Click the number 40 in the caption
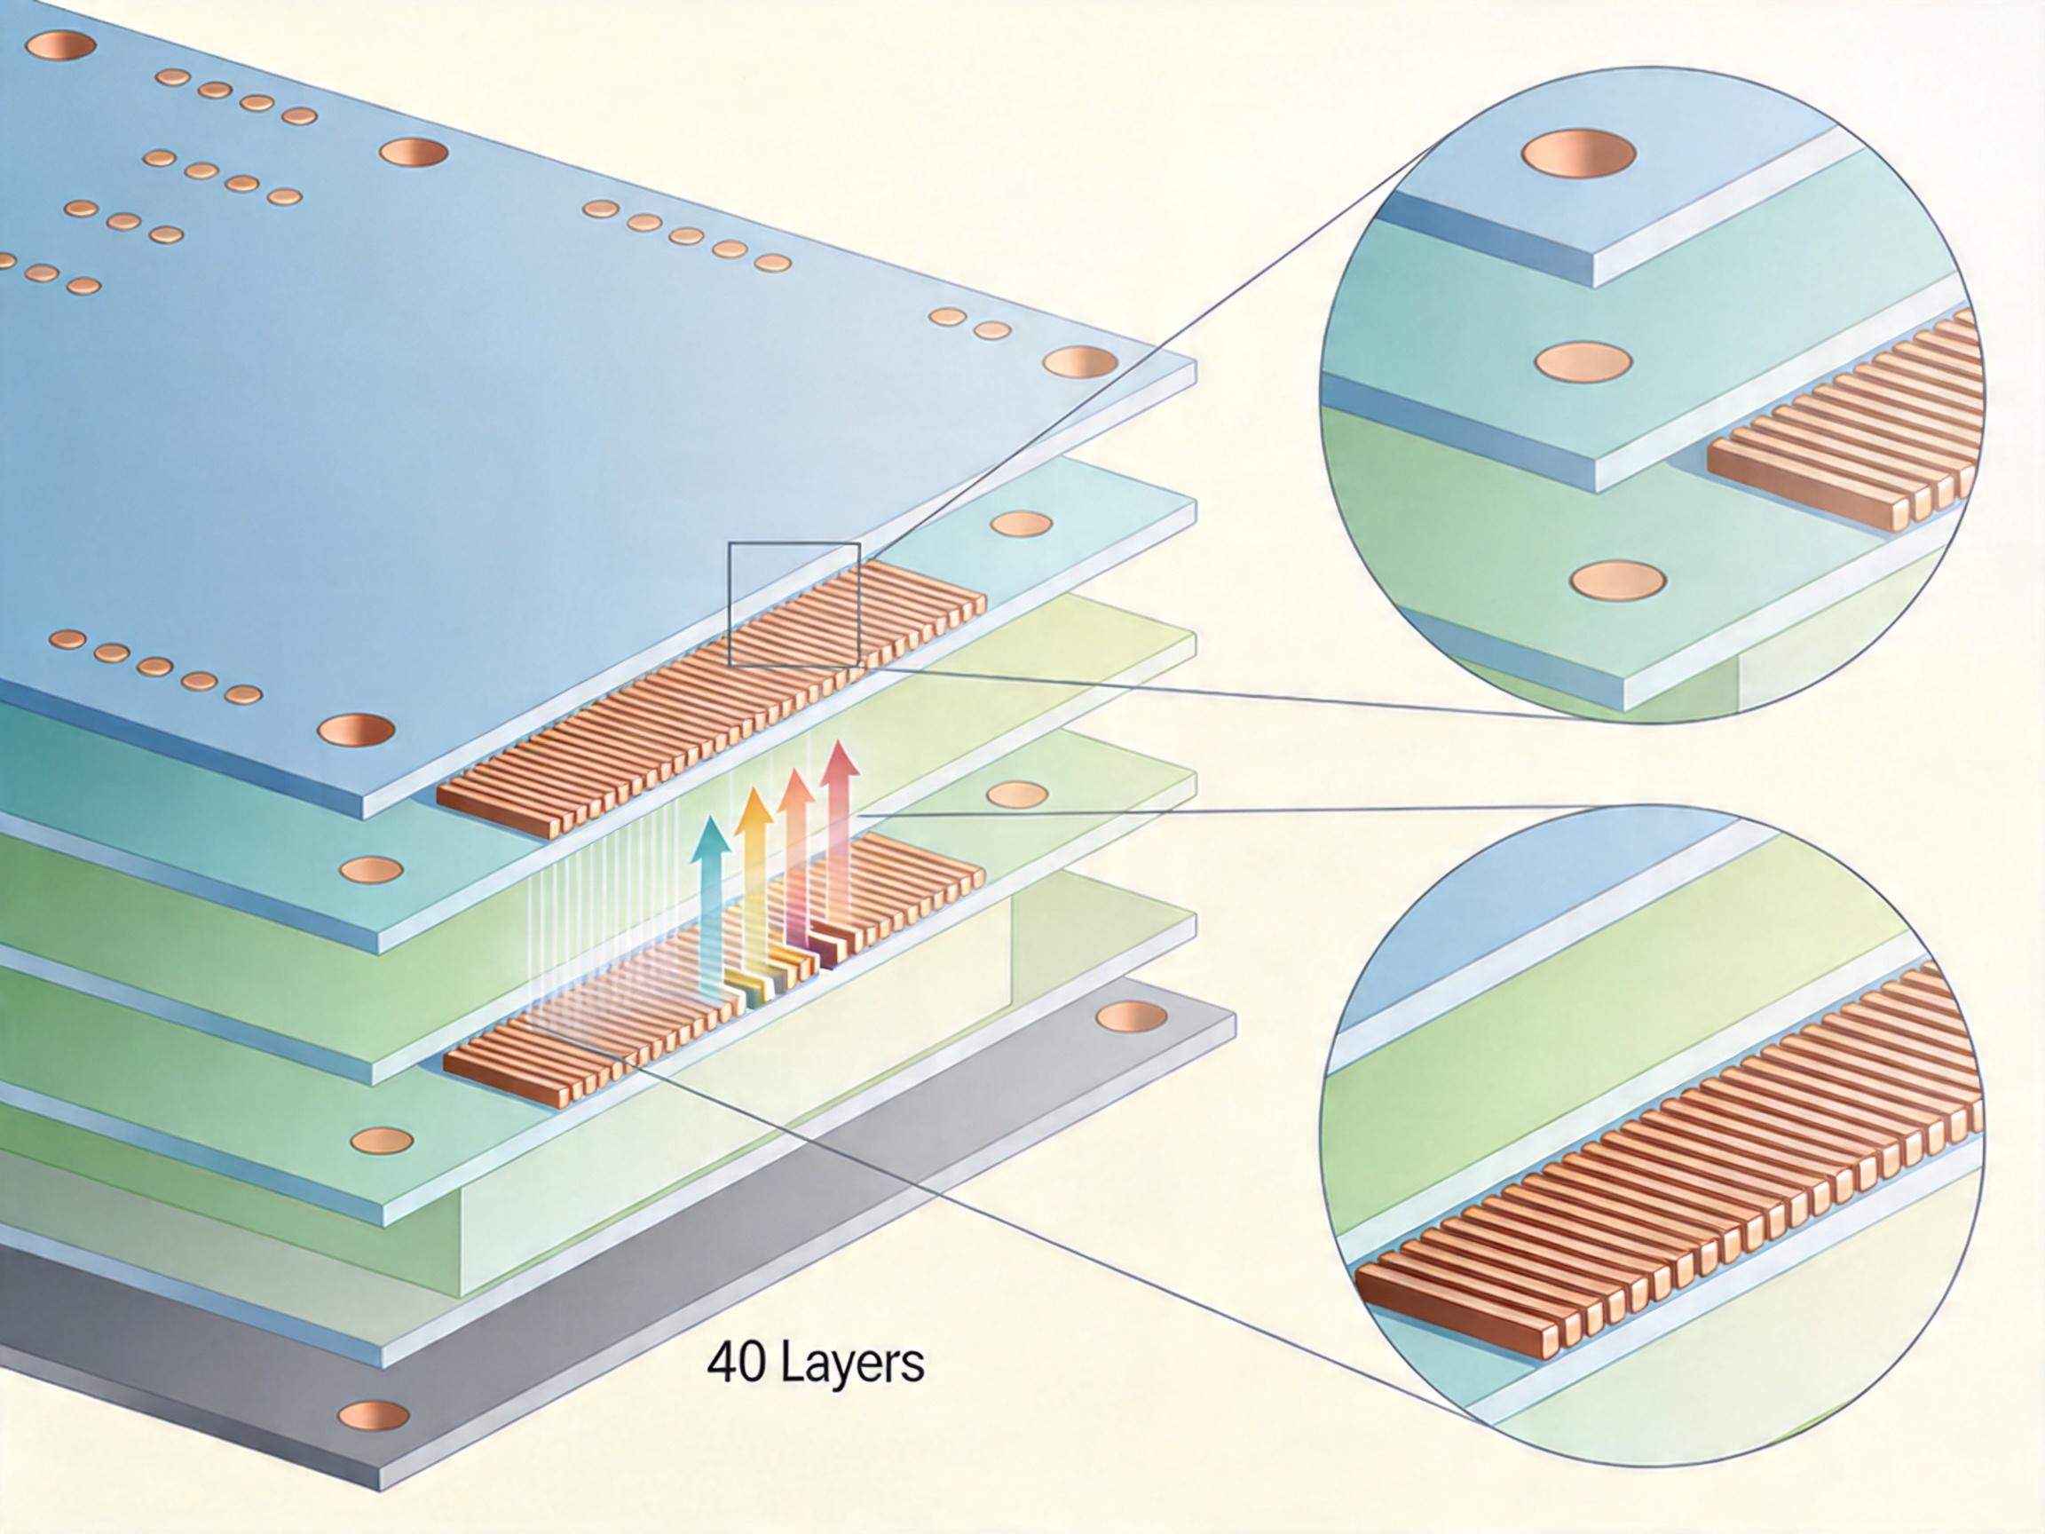734,1364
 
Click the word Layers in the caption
853,1364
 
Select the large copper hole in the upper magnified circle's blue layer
1577,154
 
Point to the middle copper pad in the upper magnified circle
1583,360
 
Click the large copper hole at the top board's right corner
1079,361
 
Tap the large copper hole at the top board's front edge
356,730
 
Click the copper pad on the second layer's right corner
1021,525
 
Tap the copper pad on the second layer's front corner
371,869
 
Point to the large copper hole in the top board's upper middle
414,153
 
